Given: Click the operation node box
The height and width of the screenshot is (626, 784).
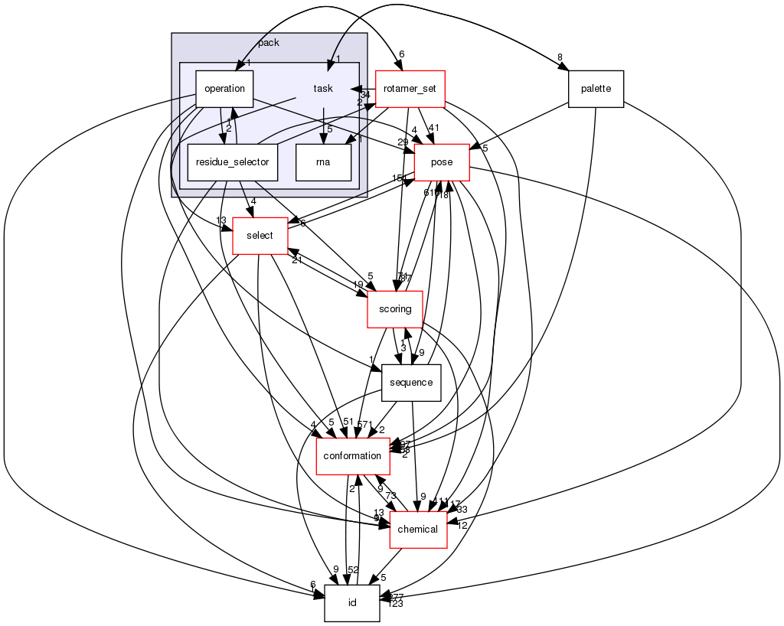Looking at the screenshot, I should tap(224, 89).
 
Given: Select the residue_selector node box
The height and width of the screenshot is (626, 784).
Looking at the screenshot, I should tap(233, 162).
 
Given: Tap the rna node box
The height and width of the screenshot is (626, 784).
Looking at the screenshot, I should tap(323, 162).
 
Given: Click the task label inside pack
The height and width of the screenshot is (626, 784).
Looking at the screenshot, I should tap(323, 89).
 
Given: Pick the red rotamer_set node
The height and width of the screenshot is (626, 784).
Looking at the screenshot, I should tap(410, 89).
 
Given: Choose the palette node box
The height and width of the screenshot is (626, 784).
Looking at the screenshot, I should tap(596, 89).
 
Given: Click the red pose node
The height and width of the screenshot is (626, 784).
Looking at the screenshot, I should tap(442, 162).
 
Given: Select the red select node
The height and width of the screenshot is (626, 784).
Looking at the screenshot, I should tap(260, 236).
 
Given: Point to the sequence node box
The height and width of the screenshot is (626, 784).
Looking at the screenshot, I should tap(411, 383).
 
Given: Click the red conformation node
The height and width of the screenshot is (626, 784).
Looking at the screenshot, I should tap(352, 456).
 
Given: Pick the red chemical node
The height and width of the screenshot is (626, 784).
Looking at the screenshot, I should tap(418, 530).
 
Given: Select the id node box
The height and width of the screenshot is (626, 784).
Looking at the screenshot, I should tap(352, 603).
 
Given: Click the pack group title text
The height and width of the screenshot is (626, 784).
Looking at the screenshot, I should tap(269, 43).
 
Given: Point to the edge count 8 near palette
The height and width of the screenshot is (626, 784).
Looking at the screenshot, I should tap(560, 57).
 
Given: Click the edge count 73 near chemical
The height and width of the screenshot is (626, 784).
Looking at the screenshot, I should tap(390, 496).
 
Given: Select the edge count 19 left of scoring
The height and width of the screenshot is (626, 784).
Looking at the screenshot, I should tap(358, 285).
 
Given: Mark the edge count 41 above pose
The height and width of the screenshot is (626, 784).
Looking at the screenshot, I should tap(434, 128).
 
